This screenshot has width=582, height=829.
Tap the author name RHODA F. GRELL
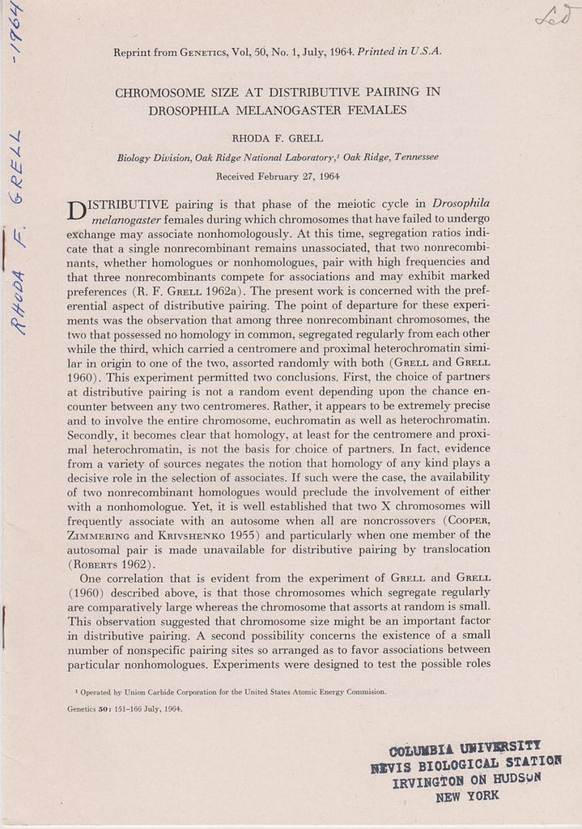pos(278,138)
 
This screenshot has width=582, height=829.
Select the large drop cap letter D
pos(73,210)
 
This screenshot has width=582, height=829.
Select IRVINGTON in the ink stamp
pos(428,783)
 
